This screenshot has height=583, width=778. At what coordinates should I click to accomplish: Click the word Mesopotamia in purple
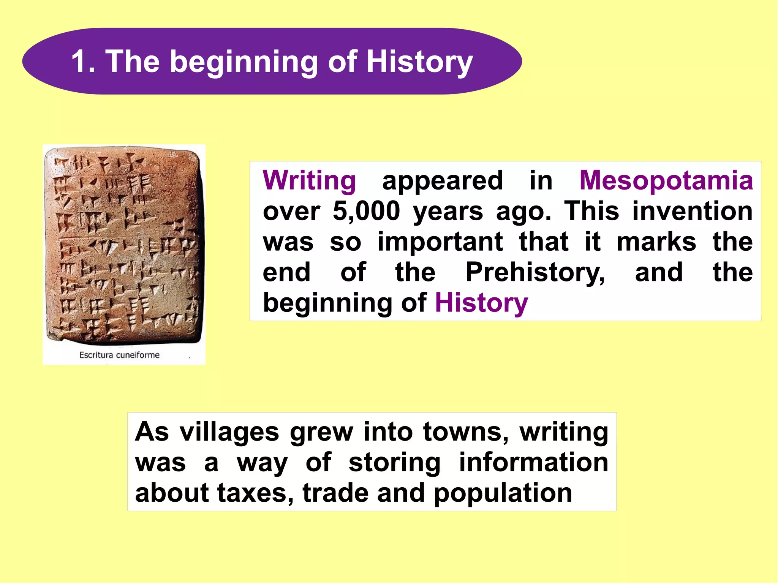tap(666, 180)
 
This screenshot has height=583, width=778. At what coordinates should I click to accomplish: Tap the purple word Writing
tap(309, 181)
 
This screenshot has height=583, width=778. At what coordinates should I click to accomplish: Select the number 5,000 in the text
tap(366, 211)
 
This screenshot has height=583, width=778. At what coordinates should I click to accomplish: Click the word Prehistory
tap(535, 273)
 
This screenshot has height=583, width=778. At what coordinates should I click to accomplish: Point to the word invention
tap(692, 211)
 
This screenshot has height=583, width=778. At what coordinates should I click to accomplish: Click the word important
tap(440, 242)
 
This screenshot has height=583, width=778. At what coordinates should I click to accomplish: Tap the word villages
tap(229, 432)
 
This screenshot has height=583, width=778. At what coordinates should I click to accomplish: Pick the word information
tap(533, 462)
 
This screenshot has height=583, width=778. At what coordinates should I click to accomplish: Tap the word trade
tap(335, 493)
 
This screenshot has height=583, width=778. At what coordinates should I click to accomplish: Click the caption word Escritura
tap(96, 355)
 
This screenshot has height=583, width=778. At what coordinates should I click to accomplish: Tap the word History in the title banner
tap(419, 62)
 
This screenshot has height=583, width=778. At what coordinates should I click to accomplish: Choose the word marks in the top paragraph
tap(656, 242)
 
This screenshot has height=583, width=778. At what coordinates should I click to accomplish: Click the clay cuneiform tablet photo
tap(124, 245)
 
